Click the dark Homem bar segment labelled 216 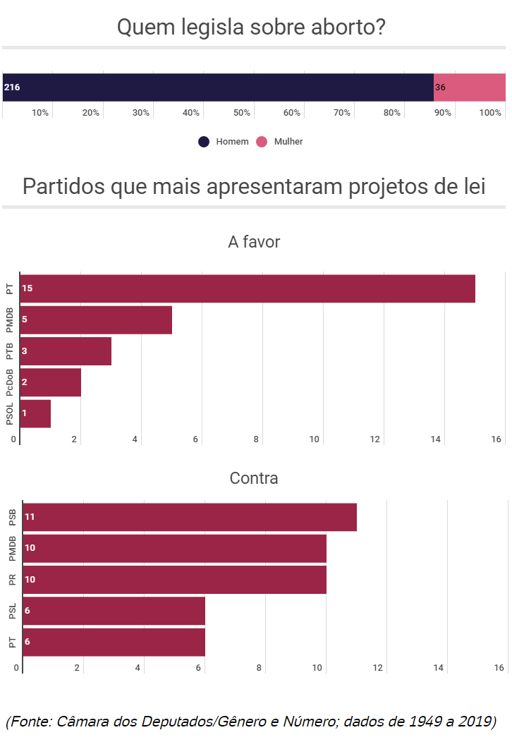(218, 87)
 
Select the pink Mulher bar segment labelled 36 (470, 87)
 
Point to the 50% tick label (242, 113)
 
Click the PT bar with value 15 (248, 288)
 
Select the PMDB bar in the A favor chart (96, 320)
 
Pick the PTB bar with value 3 (66, 351)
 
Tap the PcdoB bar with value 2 (51, 382)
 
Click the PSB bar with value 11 (190, 517)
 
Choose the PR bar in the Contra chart (174, 579)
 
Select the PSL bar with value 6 (114, 611)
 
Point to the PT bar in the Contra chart (114, 642)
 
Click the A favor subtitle (254, 242)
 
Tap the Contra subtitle (254, 478)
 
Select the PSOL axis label (10, 413)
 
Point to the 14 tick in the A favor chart (436, 439)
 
